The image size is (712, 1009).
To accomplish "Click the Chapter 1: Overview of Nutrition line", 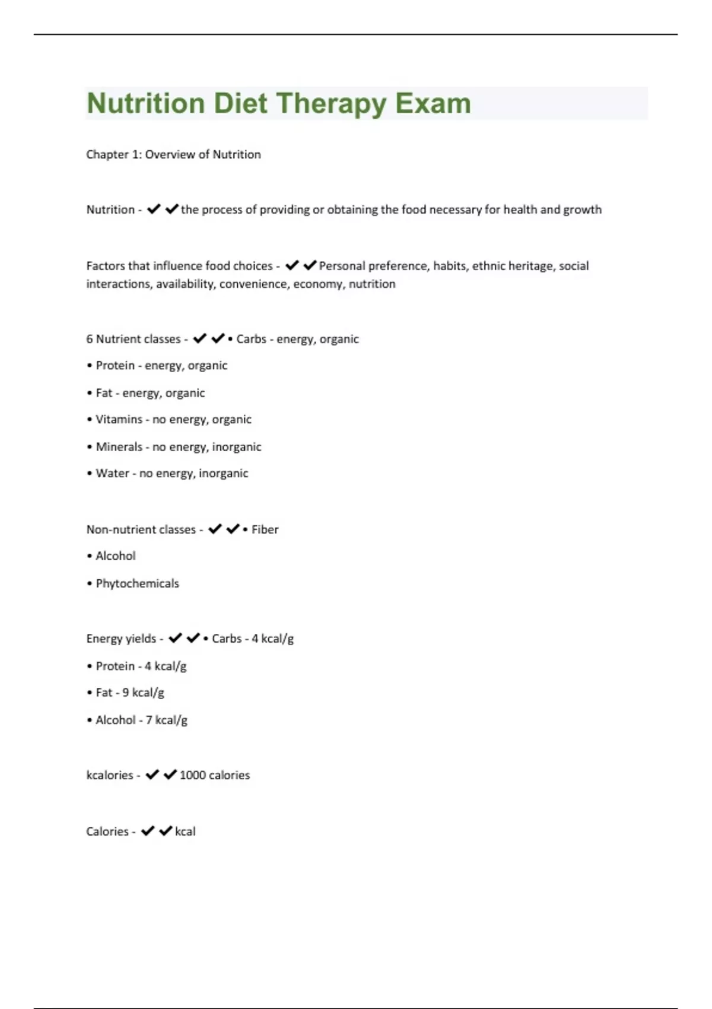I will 173,154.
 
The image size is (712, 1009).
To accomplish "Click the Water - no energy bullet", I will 167,474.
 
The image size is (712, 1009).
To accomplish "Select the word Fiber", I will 265,529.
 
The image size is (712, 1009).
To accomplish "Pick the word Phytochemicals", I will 137,583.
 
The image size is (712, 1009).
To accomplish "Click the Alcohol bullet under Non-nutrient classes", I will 115,556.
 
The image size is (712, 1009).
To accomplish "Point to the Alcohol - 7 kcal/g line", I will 137,720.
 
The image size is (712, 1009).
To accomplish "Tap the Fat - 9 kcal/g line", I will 126,693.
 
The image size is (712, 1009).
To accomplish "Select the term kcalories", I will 110,775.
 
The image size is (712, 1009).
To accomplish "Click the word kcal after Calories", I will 185,832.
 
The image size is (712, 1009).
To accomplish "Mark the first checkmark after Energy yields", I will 174,638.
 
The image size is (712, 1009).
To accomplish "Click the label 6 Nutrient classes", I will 133,339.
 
